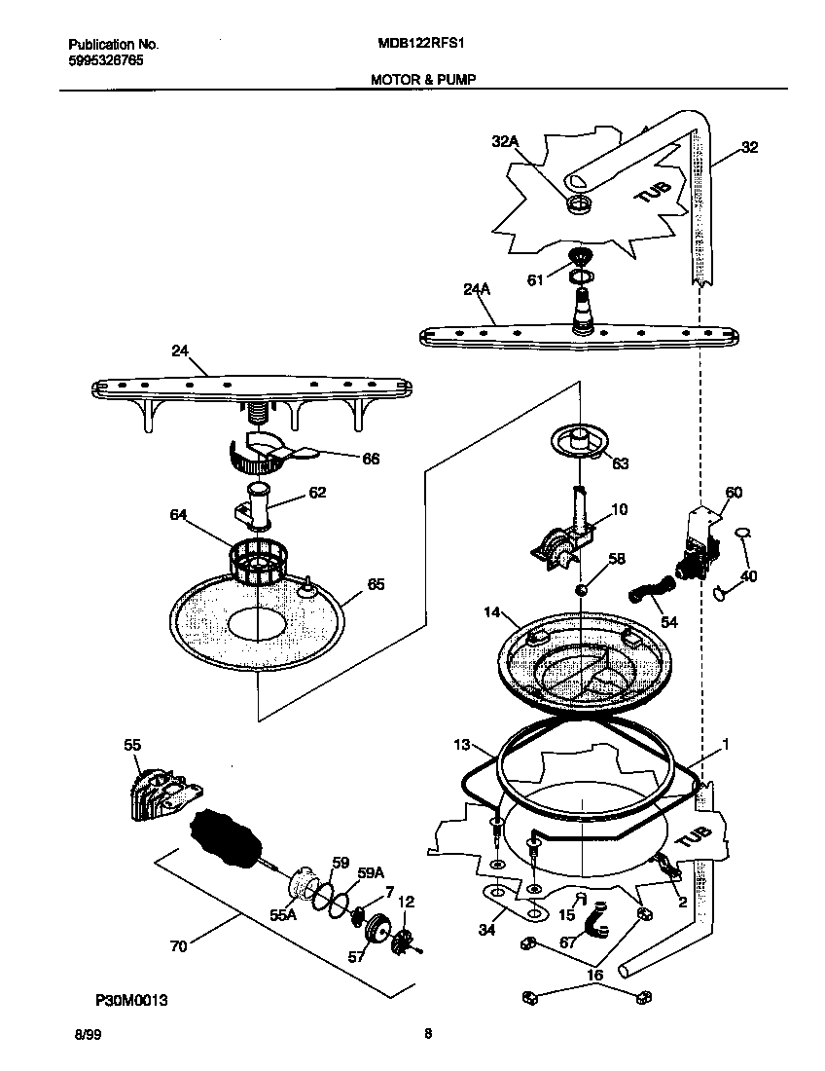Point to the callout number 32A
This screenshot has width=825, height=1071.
(505, 142)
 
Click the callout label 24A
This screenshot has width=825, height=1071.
(476, 289)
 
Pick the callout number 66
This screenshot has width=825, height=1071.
(371, 460)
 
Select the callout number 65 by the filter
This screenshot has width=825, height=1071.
(375, 584)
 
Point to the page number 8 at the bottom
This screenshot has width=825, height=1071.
(427, 1035)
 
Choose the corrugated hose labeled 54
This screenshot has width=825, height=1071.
(651, 589)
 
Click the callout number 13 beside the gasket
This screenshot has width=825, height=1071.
(460, 745)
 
